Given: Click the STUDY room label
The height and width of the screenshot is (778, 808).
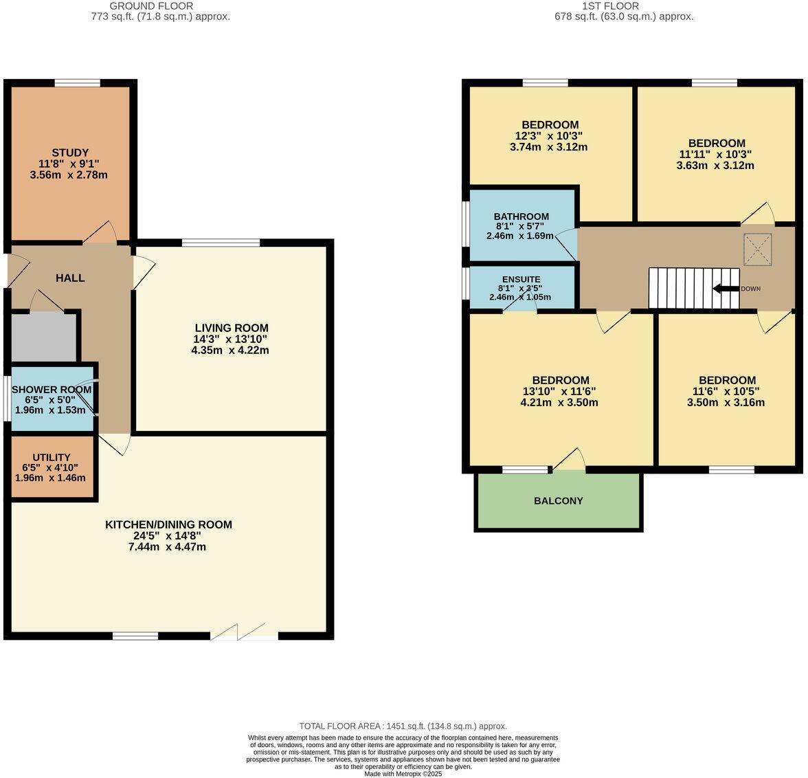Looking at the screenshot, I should click(70, 153).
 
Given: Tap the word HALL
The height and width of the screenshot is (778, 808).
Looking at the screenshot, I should click(70, 278).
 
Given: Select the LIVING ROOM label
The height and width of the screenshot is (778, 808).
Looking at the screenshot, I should click(231, 328).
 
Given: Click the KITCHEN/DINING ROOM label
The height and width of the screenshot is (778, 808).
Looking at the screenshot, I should click(168, 524).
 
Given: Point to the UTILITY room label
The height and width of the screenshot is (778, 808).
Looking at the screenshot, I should click(52, 457).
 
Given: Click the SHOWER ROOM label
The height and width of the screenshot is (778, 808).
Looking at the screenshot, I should click(52, 390).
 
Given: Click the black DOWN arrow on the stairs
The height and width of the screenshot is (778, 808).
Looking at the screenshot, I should click(726, 289).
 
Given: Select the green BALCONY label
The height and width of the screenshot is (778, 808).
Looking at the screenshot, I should click(558, 501).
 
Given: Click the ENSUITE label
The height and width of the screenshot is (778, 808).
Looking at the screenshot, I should click(521, 279).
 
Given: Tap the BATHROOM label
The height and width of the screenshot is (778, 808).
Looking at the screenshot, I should click(521, 216).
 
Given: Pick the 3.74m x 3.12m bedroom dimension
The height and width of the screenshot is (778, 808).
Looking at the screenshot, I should click(549, 147).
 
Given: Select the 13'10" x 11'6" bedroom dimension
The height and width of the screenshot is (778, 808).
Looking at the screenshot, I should click(559, 391).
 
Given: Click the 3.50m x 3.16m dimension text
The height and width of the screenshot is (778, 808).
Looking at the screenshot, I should click(726, 403).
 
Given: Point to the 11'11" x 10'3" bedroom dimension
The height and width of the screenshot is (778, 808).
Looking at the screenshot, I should click(717, 155).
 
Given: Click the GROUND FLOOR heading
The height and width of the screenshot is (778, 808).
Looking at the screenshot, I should click(160, 6).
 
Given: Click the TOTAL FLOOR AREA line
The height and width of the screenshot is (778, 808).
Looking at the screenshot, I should click(403, 726).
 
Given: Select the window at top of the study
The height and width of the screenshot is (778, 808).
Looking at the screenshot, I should click(78, 83).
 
